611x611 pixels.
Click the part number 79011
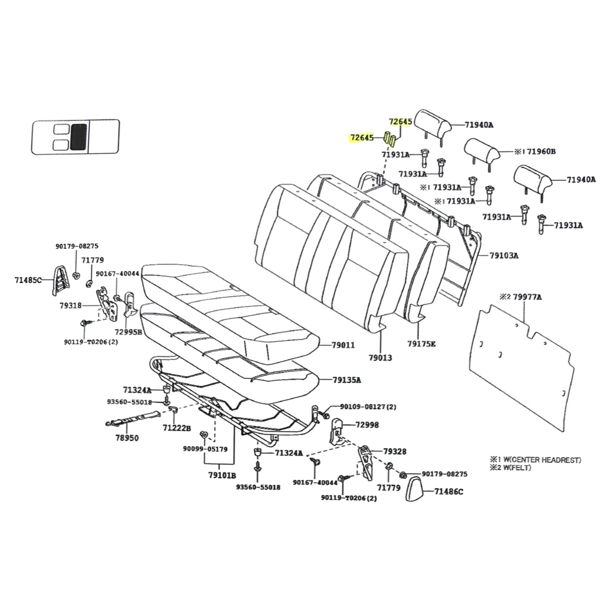[x=343, y=345]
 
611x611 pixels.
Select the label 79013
[x=380, y=358]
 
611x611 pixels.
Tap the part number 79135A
[x=346, y=380]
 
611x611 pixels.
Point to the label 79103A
[x=504, y=255]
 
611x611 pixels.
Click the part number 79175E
[x=421, y=343]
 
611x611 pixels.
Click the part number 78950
[x=127, y=438]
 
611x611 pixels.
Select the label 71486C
[x=449, y=492]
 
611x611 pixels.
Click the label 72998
[x=367, y=424]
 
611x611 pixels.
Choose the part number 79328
[x=394, y=451]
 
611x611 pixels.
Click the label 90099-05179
[x=205, y=449]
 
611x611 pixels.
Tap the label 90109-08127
[x=368, y=407]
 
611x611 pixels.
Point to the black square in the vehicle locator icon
[x=79, y=136]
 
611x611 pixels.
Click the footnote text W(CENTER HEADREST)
[x=540, y=460]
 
